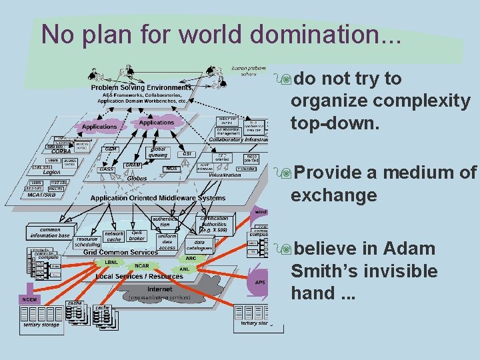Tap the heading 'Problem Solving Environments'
click(x=141, y=87)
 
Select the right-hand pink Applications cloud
click(x=156, y=123)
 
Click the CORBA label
click(x=61, y=151)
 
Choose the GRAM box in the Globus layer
click(x=133, y=164)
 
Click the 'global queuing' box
click(x=157, y=152)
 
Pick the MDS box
click(x=171, y=169)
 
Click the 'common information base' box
click(x=49, y=233)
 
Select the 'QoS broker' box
click(x=137, y=235)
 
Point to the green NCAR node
click(x=141, y=265)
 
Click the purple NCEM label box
click(x=29, y=300)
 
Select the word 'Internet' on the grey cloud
click(x=159, y=289)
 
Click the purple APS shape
click(x=260, y=283)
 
